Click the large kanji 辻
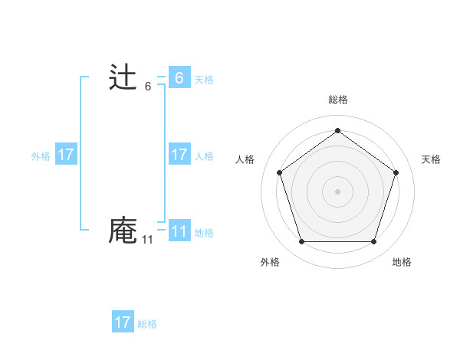point(123,78)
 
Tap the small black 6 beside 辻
point(148,87)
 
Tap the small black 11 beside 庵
point(147,240)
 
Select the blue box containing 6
point(179,78)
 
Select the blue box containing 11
point(179,231)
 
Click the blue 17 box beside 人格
point(179,155)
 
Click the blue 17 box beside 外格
point(65,155)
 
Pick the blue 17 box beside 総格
point(123,322)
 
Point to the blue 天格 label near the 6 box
point(204,80)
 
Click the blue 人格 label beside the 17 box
point(204,156)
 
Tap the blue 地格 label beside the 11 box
point(204,233)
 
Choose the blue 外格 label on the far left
point(41,156)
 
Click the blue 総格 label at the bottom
point(147,324)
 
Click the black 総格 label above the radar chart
point(337,100)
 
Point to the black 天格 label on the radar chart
point(431,159)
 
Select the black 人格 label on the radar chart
point(245,159)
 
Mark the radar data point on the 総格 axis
point(337,131)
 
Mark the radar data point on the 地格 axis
point(373,242)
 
